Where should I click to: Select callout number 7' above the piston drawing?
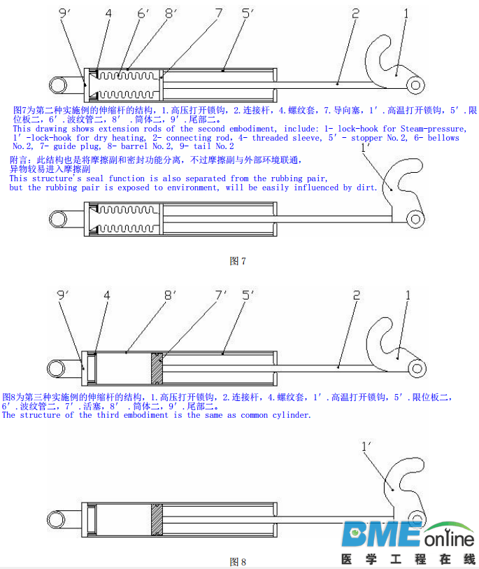(222, 295)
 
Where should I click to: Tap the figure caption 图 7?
(238, 261)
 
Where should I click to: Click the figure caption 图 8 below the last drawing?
(238, 561)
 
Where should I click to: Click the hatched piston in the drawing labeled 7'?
(157, 367)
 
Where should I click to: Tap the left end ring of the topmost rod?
(56, 85)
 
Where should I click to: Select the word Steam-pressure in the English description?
(429, 129)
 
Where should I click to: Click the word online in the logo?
(448, 539)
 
